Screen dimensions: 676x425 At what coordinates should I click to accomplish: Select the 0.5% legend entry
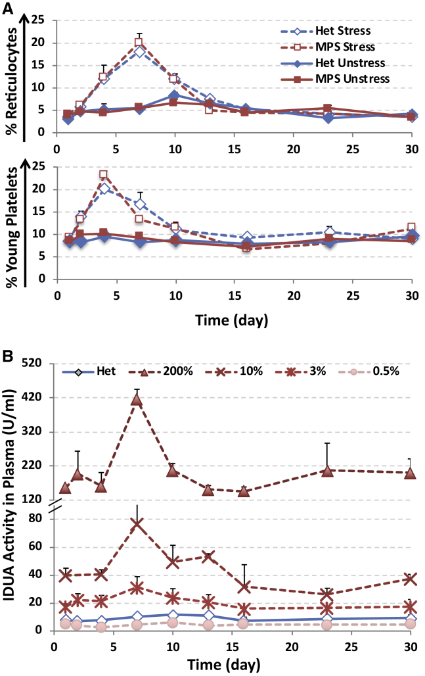pyautogui.click(x=388, y=371)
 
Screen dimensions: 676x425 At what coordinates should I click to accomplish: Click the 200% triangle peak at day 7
pyautogui.click(x=137, y=400)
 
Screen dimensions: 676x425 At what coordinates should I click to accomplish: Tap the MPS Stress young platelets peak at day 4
pyautogui.click(x=103, y=175)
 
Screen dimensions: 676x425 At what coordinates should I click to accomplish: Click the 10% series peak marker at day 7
pyautogui.click(x=137, y=524)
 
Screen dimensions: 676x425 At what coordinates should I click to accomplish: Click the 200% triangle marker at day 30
pyautogui.click(x=410, y=473)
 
